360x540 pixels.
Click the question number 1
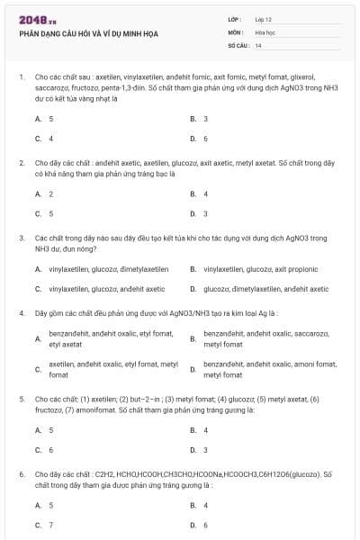pyautogui.click(x=21, y=77)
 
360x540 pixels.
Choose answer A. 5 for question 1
pyautogui.click(x=44, y=119)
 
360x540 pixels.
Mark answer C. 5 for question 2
pyautogui.click(x=44, y=213)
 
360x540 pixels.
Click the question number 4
pyautogui.click(x=21, y=313)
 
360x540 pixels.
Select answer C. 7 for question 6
pyautogui.click(x=44, y=524)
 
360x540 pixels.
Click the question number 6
pyautogui.click(x=21, y=473)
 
